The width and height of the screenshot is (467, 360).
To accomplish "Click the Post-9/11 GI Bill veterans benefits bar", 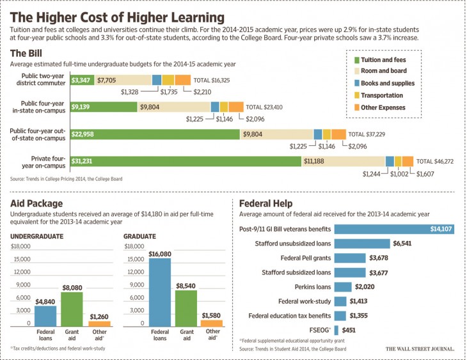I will [x=393, y=229].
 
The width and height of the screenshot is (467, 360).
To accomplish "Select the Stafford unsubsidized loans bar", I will [x=362, y=244].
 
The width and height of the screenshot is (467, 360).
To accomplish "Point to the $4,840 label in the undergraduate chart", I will [x=44, y=301].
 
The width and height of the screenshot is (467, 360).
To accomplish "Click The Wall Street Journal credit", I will [x=419, y=349].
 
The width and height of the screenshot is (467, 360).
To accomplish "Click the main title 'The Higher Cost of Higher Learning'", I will [x=118, y=17].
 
